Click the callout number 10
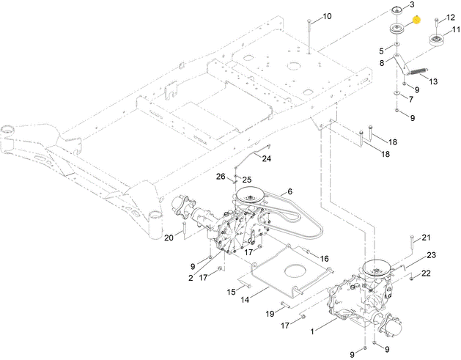click(327, 15)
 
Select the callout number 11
click(455, 30)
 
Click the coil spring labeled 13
click(416, 71)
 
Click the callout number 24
click(266, 158)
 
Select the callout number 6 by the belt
click(289, 191)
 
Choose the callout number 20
click(169, 237)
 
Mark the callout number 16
click(324, 258)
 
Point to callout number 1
click(313, 331)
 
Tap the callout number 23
click(432, 254)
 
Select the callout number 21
click(426, 237)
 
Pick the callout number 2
click(190, 279)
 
